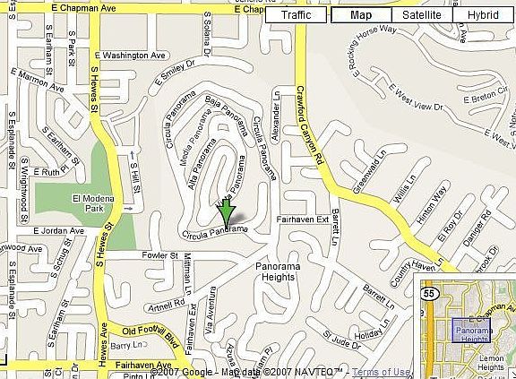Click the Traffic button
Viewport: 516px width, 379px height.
(x=297, y=15)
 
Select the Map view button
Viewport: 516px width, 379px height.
(x=360, y=15)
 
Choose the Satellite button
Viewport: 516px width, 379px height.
(x=421, y=15)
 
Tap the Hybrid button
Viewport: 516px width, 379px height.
(x=483, y=15)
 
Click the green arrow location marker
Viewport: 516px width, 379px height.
(x=228, y=212)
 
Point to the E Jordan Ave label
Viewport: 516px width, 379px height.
(x=58, y=230)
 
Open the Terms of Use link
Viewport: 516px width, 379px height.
(x=383, y=372)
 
